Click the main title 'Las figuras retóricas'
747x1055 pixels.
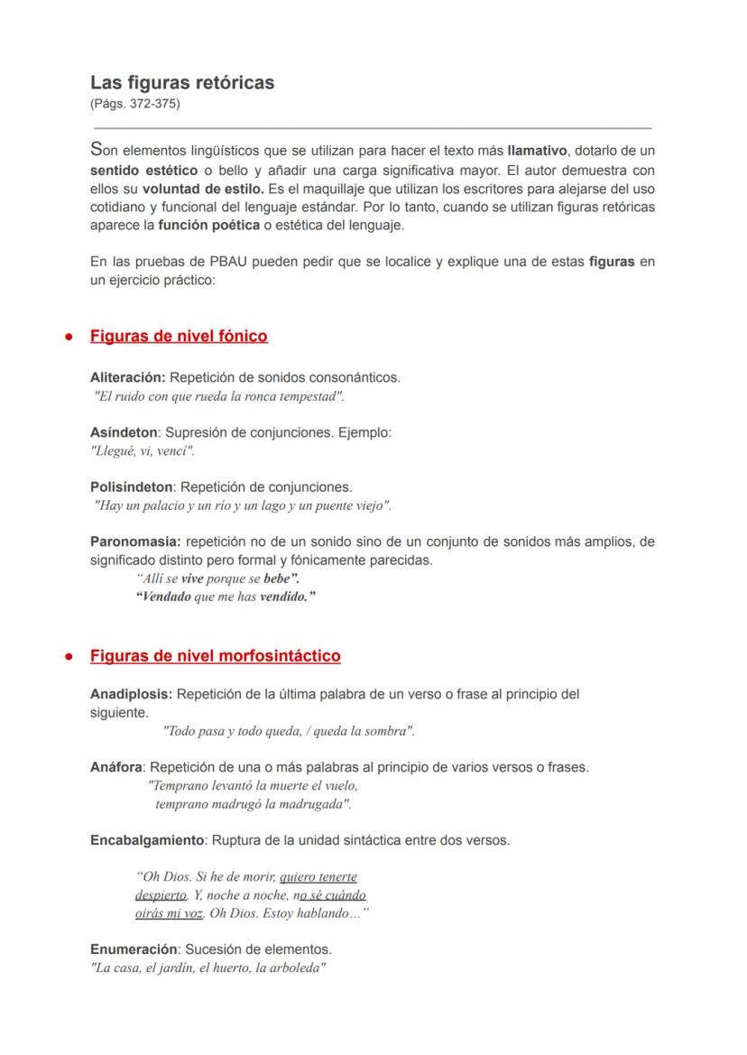pyautogui.click(x=182, y=82)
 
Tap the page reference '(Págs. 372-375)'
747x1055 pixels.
pyautogui.click(x=135, y=104)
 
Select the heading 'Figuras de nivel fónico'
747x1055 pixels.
pyautogui.click(x=179, y=337)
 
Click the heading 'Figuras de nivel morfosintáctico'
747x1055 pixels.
pyautogui.click(x=215, y=656)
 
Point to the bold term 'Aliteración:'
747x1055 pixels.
pyautogui.click(x=128, y=377)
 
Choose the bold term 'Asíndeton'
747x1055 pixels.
pyautogui.click(x=124, y=432)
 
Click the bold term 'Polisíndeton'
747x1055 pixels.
pyautogui.click(x=132, y=487)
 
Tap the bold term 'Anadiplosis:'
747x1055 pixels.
pyautogui.click(x=132, y=694)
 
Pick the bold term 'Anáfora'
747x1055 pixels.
pyautogui.click(x=116, y=767)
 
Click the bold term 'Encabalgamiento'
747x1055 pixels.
pyautogui.click(x=147, y=840)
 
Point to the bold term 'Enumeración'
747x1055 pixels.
pyautogui.click(x=134, y=949)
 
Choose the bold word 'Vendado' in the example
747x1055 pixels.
pyautogui.click(x=163, y=597)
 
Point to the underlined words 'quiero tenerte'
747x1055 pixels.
pyautogui.click(x=318, y=876)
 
